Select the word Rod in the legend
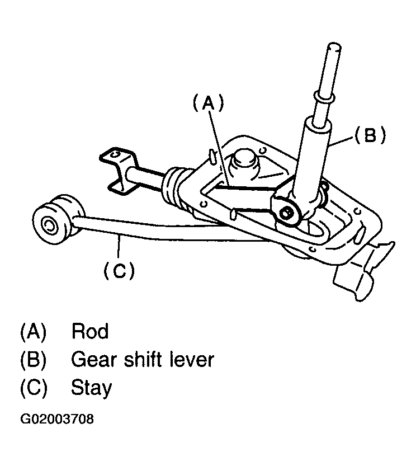(x=90, y=332)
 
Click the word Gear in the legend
(x=91, y=359)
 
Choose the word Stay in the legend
(x=92, y=387)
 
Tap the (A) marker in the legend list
(x=32, y=332)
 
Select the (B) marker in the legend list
(x=32, y=359)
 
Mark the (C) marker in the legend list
(x=32, y=387)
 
